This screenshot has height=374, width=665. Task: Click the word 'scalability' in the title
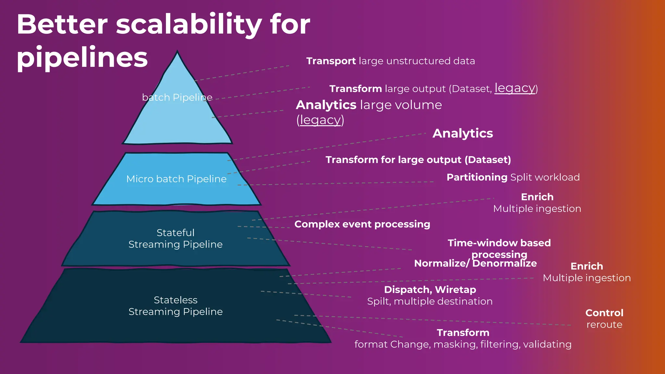click(188, 25)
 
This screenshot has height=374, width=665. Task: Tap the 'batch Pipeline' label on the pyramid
click(177, 97)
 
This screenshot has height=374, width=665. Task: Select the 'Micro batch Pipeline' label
click(176, 179)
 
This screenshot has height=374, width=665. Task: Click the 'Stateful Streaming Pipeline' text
click(175, 238)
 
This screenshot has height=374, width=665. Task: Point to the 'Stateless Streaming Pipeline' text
click(175, 305)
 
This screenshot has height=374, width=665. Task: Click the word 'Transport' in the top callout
click(331, 61)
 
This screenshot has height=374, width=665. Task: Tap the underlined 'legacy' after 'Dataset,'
click(515, 88)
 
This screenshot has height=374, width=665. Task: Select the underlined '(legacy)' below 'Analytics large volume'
click(320, 120)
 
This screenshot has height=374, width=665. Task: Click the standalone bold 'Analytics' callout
click(463, 133)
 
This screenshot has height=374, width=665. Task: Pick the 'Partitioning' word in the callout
click(477, 177)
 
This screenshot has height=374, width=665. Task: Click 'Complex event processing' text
click(362, 224)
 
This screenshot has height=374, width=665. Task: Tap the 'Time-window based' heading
click(499, 243)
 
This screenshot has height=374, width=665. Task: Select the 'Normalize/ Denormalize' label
click(475, 263)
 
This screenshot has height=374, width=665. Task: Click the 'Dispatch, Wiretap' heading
click(430, 290)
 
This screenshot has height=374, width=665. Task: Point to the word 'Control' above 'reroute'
click(604, 313)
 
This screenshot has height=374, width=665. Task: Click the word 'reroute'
click(604, 325)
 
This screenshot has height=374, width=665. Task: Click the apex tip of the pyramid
click(177, 52)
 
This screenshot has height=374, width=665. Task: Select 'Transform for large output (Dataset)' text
click(418, 160)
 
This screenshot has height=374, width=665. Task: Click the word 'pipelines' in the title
click(82, 57)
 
